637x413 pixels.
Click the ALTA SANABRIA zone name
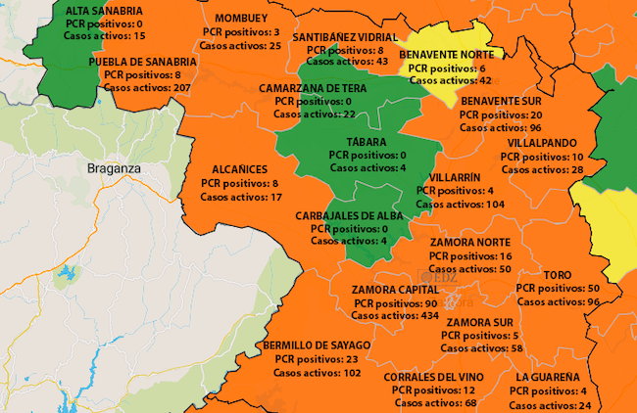96,11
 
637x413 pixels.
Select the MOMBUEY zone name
240,19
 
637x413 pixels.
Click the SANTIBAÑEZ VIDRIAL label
345,36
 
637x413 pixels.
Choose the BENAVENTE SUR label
502,101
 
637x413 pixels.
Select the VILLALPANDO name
542,143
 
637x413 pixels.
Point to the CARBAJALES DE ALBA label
349,215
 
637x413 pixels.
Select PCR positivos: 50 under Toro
559,289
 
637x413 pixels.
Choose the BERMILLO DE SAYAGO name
317,345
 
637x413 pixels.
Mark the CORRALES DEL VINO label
434,377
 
